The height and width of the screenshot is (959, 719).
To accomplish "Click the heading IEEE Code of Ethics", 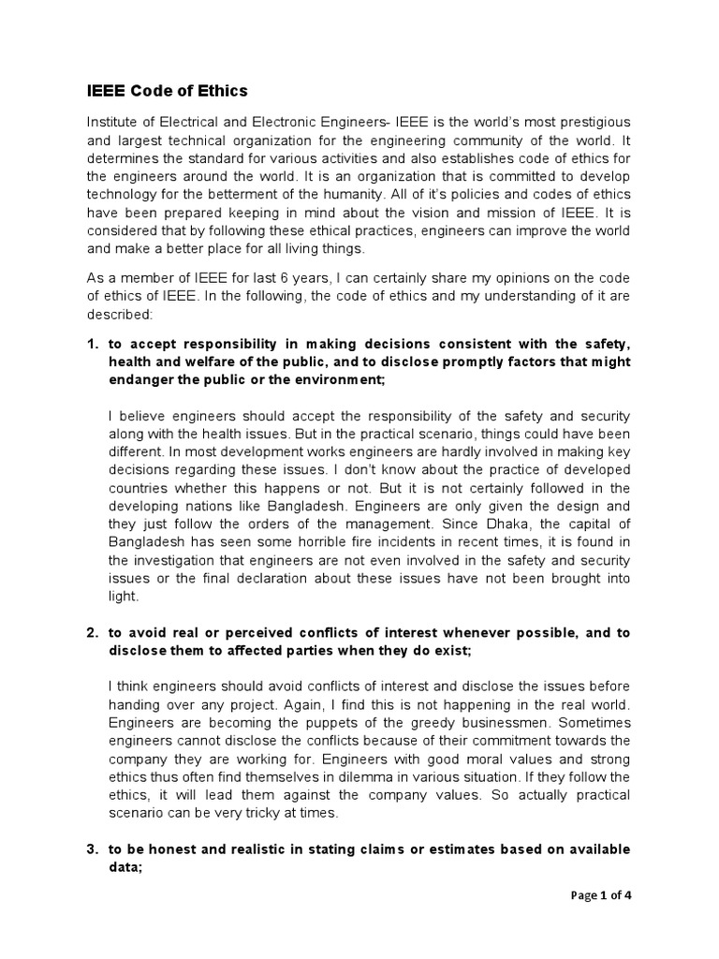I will point(168,91).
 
